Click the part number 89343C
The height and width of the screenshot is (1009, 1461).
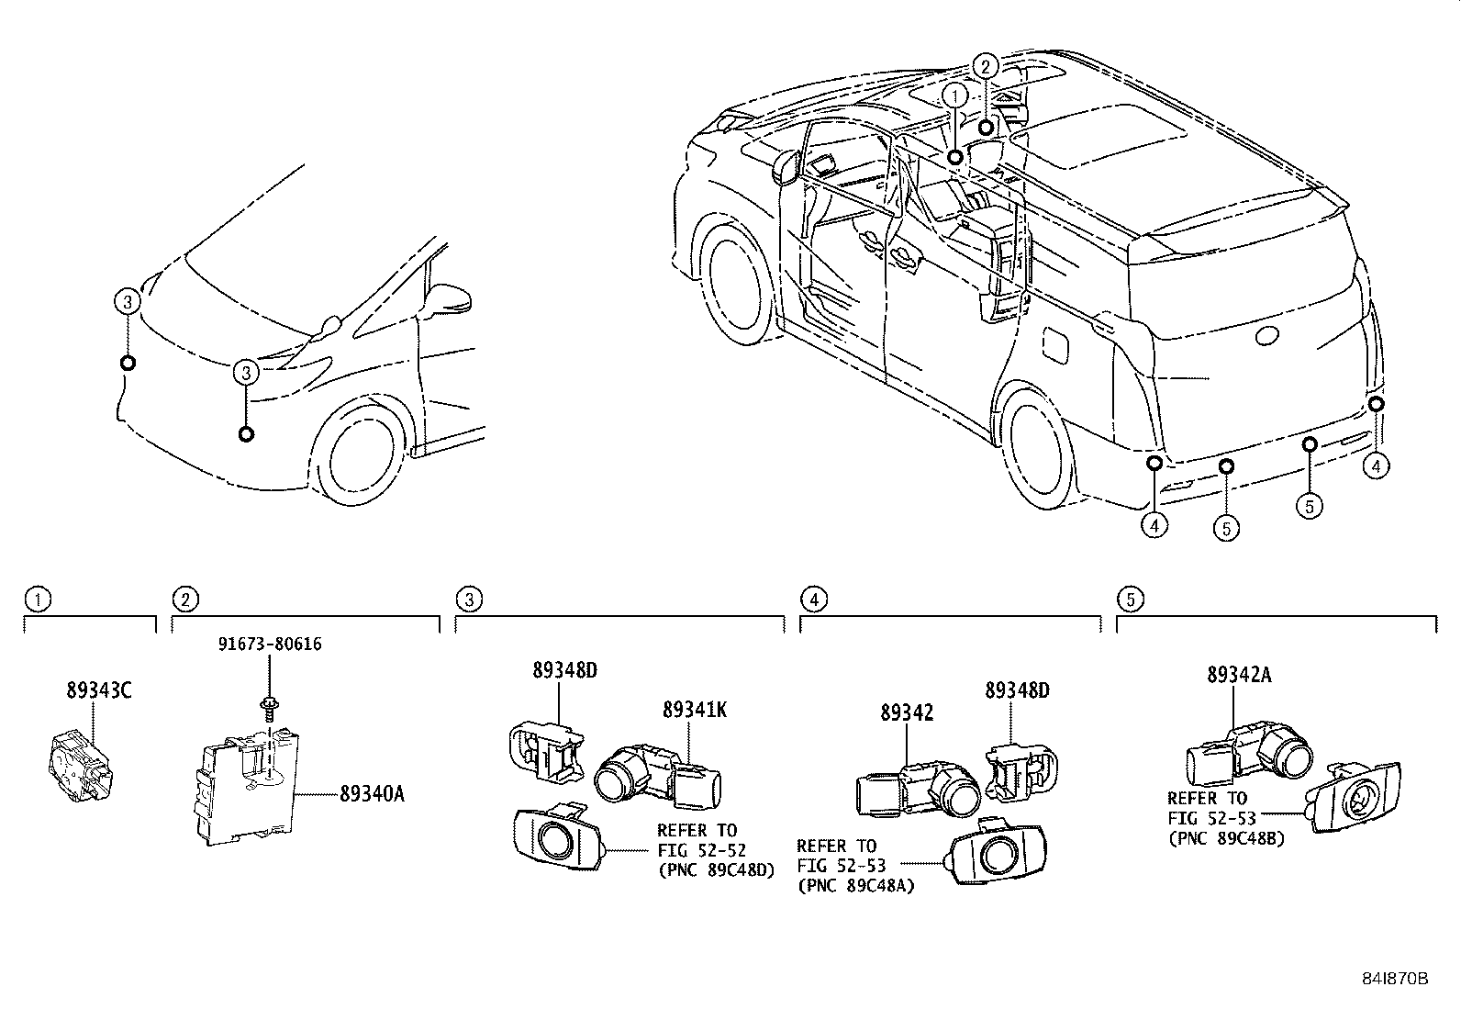click(98, 690)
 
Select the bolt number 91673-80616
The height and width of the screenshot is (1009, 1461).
click(270, 645)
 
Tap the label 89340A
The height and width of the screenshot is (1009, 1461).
click(372, 794)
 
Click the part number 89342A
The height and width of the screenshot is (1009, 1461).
click(1239, 675)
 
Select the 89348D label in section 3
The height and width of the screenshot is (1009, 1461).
click(564, 670)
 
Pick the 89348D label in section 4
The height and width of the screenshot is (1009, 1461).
click(1017, 690)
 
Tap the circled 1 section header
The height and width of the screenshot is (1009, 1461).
click(38, 600)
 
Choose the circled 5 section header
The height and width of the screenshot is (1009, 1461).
click(1130, 600)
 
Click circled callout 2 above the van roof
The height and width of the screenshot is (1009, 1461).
click(985, 66)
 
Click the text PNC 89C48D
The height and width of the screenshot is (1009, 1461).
click(716, 871)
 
